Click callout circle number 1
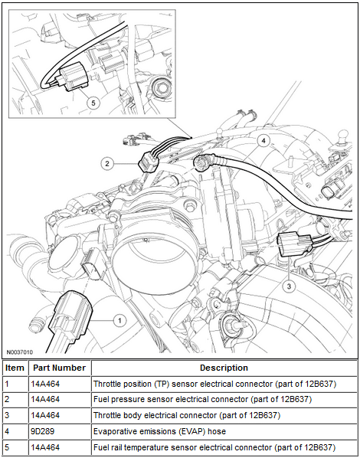119,321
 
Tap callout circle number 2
107,164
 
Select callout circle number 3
289,286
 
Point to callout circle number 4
263,141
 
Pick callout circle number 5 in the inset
93,103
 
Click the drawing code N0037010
20,352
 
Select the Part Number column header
59,368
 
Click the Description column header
224,368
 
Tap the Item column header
15,368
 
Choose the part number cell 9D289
43,431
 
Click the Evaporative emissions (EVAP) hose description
159,431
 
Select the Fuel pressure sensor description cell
202,399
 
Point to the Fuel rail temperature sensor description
214,447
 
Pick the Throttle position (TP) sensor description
214,384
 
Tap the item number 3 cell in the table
7,415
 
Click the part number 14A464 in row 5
45,447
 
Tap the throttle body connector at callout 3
293,244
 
